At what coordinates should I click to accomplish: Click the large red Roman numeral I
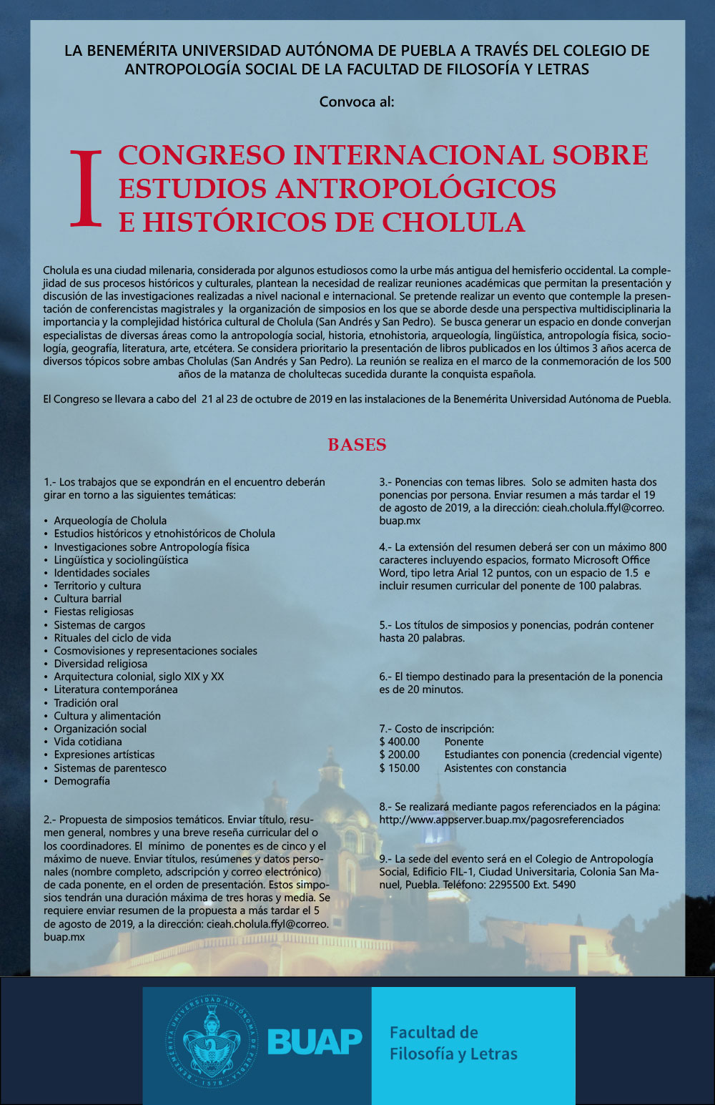[87, 189]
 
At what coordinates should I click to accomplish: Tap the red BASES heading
[357, 445]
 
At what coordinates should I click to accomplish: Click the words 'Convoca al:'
[357, 102]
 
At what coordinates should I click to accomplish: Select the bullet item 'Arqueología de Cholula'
[110, 521]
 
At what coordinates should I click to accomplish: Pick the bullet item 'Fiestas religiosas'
[94, 612]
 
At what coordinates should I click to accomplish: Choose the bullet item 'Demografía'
[82, 781]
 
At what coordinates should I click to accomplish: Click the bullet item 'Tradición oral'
[86, 703]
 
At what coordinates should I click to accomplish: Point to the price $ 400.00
[400, 742]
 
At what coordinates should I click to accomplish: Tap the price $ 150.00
[400, 768]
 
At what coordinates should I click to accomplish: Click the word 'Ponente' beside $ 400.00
[464, 742]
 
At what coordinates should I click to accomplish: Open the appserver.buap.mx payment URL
[501, 820]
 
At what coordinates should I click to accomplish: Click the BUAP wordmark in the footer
[315, 1042]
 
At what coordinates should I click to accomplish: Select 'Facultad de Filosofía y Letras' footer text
[453, 1043]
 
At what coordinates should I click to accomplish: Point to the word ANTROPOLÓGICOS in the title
[415, 189]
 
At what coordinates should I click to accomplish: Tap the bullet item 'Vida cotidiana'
[88, 742]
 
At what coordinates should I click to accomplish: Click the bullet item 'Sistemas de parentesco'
[110, 768]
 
